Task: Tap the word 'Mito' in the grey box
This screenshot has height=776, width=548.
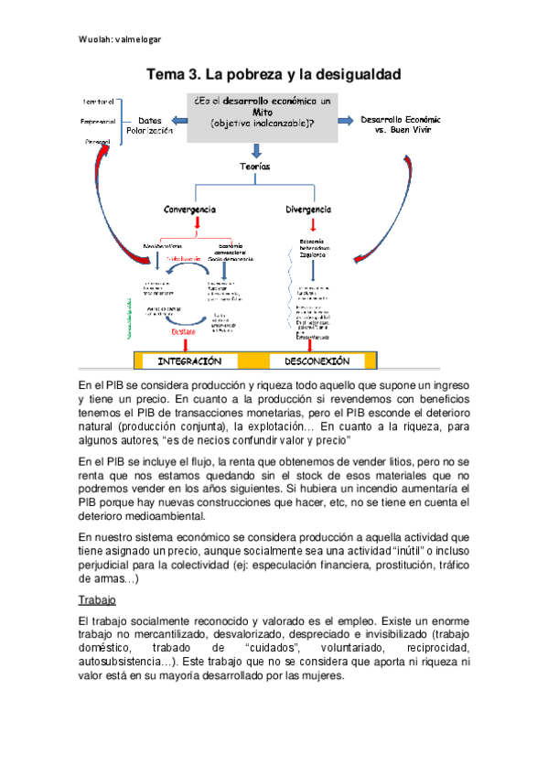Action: (263, 111)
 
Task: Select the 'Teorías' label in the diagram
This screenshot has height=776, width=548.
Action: (256, 167)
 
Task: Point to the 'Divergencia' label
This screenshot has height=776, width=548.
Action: (312, 209)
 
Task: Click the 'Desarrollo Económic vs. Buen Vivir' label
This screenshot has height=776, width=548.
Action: (401, 125)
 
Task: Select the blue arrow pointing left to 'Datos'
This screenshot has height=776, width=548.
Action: (182, 120)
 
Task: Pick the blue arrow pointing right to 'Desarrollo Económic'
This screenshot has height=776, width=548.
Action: (345, 120)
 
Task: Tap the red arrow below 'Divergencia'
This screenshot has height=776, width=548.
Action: (313, 224)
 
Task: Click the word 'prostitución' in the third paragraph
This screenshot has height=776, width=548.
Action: (384, 565)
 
